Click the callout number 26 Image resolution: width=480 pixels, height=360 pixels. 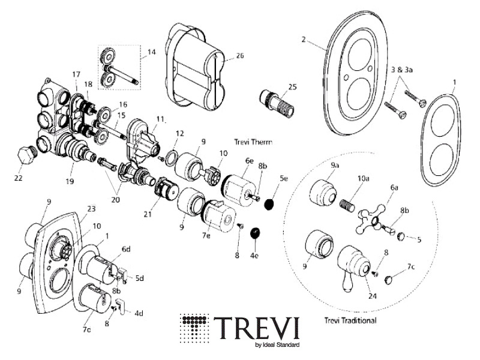pos(239,56)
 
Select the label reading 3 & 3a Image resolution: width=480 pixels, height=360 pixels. pos(403,70)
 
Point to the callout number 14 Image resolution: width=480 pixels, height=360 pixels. pos(150,52)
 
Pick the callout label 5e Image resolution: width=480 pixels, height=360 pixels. pos(284,179)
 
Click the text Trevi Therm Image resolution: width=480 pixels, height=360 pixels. pos(253,142)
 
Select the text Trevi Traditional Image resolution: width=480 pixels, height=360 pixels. pos(350,320)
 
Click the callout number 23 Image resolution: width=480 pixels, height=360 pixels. pos(91,209)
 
